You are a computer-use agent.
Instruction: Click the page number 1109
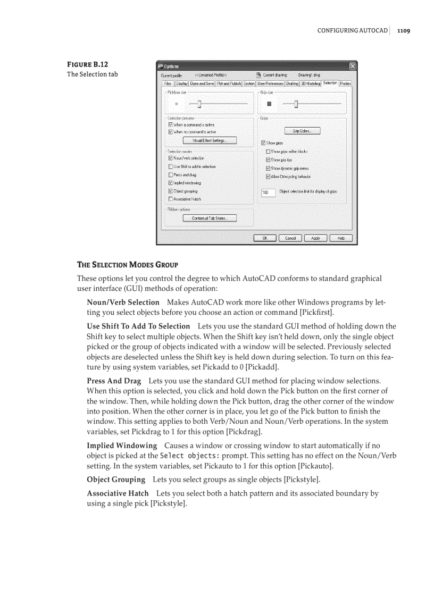[x=403, y=31]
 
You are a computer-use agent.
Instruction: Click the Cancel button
[x=290, y=238]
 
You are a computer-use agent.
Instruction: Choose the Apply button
[x=315, y=238]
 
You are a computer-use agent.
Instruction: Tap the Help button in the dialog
[x=341, y=238]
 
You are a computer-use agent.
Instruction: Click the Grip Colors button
[x=303, y=131]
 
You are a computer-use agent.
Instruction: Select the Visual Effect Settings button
[x=210, y=140]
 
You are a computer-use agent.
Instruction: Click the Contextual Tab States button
[x=210, y=218]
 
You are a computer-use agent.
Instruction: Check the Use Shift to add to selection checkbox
[x=171, y=166]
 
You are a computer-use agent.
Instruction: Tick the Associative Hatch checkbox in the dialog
[x=171, y=199]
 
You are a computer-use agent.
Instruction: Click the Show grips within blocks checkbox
[x=268, y=152]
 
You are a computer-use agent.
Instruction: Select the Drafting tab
[x=292, y=83]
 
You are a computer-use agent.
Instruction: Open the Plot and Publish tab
[x=229, y=83]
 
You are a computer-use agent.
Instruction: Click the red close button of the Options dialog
[x=352, y=66]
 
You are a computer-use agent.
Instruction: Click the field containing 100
[x=269, y=192]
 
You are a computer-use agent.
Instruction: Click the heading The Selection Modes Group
[x=128, y=265]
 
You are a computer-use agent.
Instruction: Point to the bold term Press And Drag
[x=114, y=381]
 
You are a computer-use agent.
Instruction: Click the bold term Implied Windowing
[x=122, y=445]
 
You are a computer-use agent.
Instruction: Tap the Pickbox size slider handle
[x=199, y=104]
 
